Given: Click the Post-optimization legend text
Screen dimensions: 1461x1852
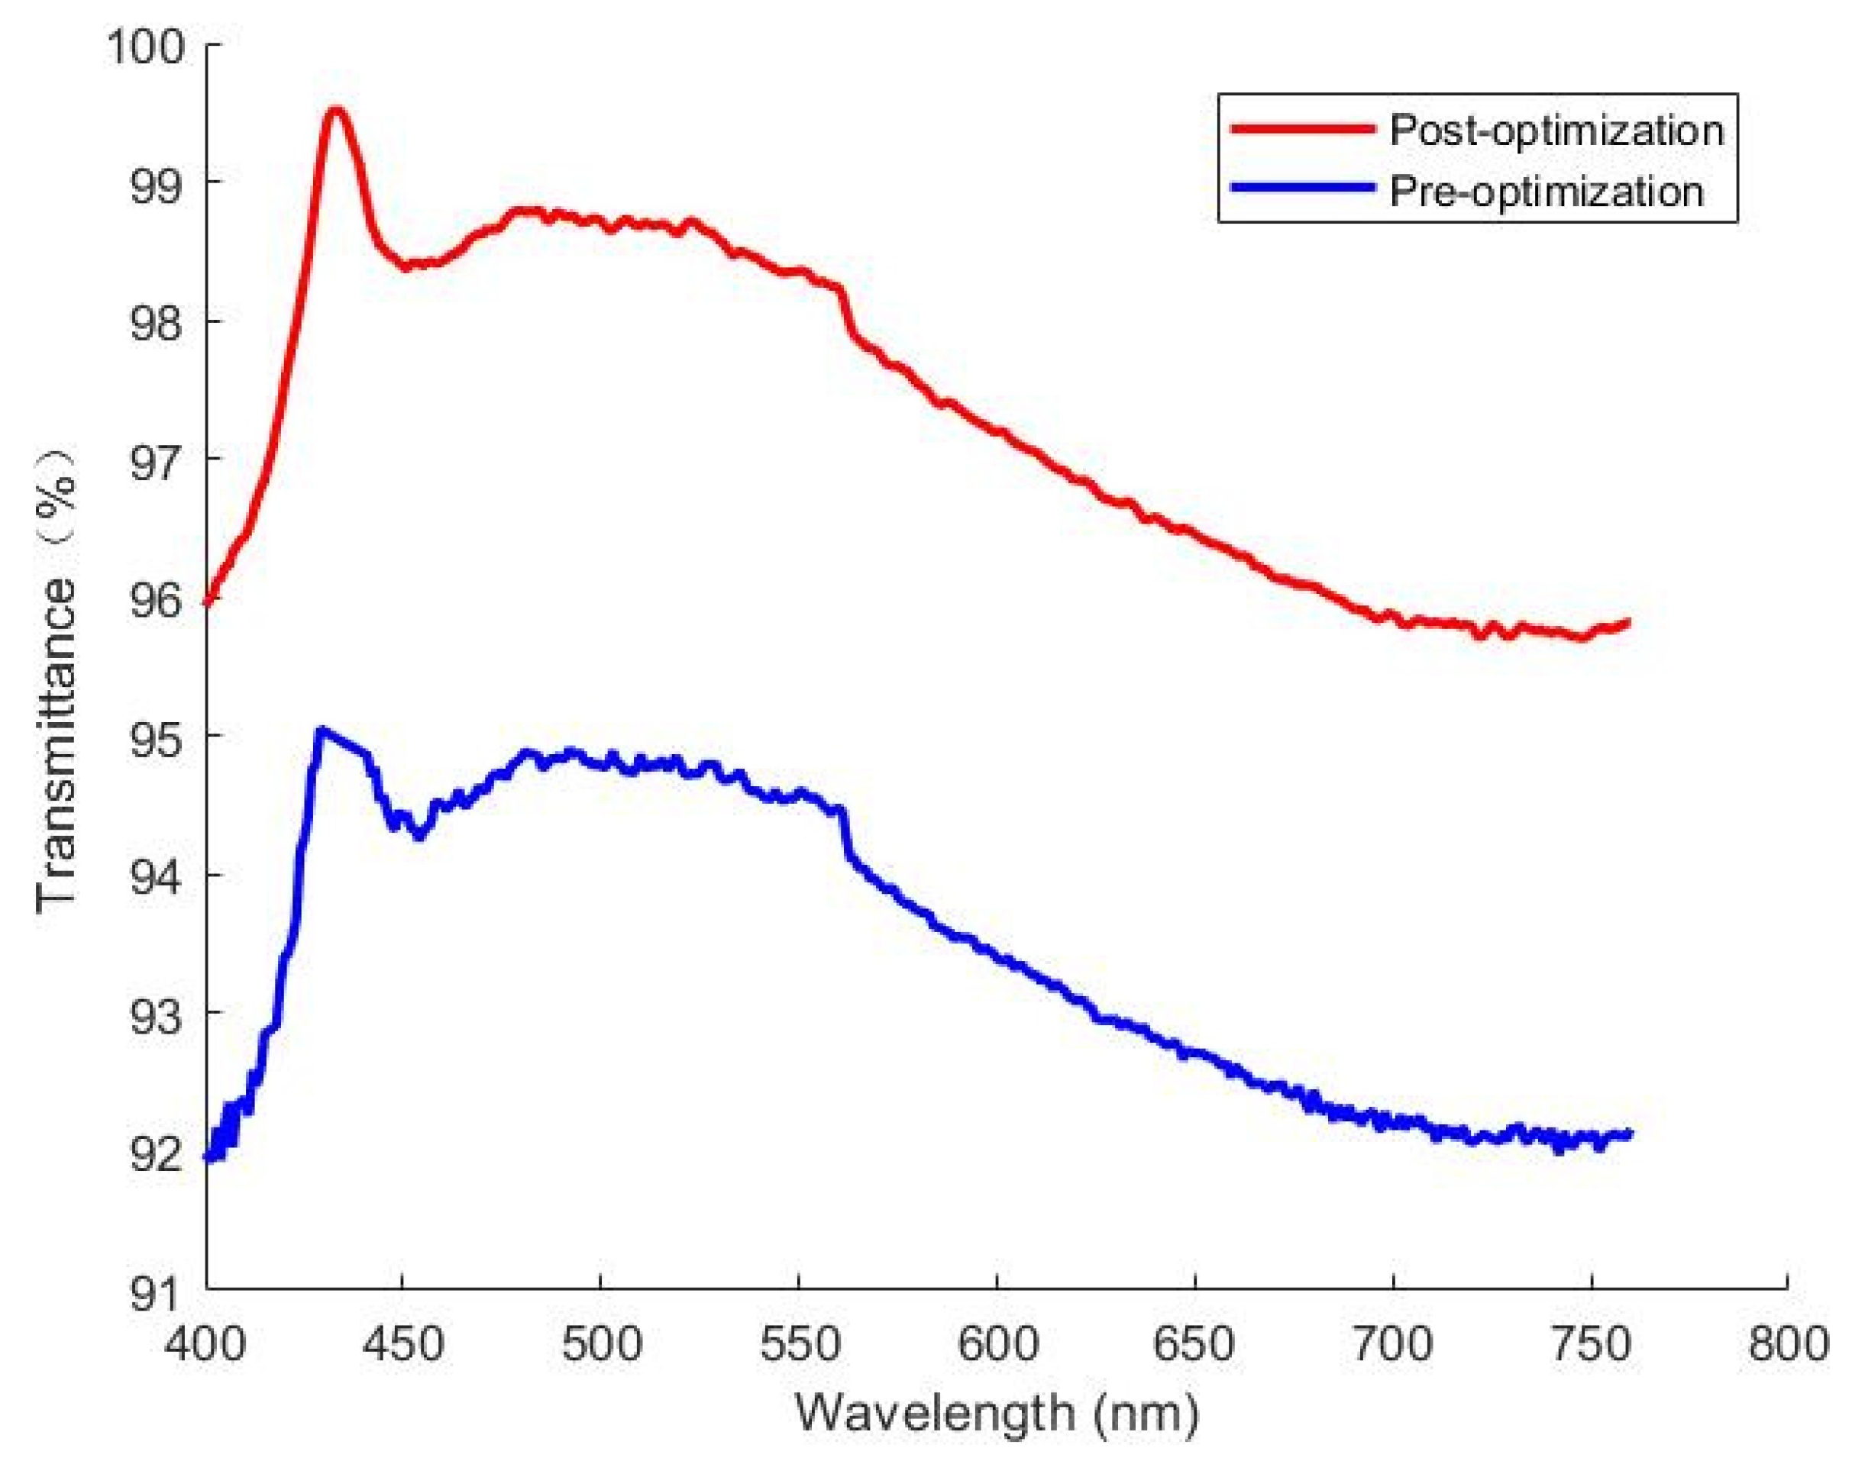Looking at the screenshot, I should click(1556, 131).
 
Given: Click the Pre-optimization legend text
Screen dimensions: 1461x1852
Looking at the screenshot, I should click(1547, 192).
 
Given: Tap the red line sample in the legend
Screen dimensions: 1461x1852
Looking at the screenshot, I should click(1303, 129).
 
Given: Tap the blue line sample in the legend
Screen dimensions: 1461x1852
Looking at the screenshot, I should click(1303, 187).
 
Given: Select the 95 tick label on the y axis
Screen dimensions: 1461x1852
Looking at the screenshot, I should click(157, 737).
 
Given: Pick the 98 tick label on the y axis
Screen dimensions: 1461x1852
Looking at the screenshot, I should click(157, 322).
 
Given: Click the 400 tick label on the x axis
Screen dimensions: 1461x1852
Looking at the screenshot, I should click(206, 1343).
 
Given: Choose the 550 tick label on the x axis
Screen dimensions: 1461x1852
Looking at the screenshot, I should click(800, 1343).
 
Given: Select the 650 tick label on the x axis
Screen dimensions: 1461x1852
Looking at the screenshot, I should click(1194, 1343).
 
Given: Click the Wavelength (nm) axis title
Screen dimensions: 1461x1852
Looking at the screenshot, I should click(997, 1412).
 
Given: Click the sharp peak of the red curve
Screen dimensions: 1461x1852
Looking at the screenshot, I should click(336, 111).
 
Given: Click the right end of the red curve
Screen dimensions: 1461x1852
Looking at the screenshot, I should click(1627, 622).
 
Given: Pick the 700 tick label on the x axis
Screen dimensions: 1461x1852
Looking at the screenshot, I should click(1392, 1343).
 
